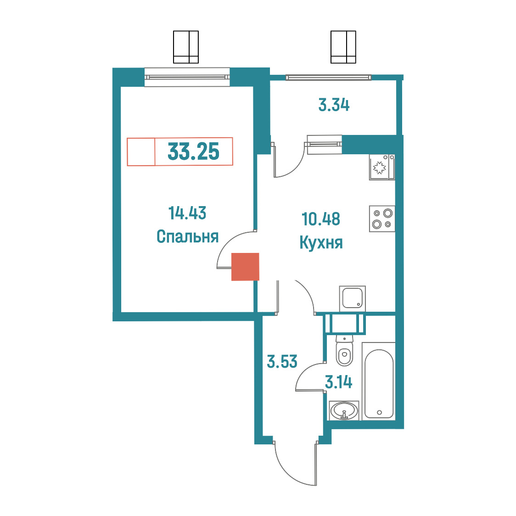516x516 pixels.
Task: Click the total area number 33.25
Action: [194, 151]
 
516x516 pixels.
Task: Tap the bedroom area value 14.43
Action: [187, 213]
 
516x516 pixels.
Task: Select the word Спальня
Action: [188, 236]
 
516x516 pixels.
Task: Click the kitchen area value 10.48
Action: [321, 219]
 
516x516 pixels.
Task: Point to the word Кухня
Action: [321, 243]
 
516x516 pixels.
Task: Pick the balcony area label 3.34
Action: [334, 105]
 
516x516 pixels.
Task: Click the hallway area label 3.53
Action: [282, 361]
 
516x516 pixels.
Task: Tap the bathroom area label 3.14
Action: [339, 382]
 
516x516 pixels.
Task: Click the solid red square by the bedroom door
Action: [245, 267]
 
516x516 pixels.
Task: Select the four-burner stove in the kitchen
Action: [382, 219]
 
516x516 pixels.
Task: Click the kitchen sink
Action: [353, 298]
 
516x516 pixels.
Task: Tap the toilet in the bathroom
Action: [344, 351]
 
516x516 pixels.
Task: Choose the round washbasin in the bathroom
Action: [344, 411]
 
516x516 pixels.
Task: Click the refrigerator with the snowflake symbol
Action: [382, 167]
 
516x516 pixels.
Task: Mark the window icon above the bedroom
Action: [186, 47]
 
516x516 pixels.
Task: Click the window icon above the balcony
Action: [343, 47]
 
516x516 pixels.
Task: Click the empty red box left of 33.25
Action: [141, 151]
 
